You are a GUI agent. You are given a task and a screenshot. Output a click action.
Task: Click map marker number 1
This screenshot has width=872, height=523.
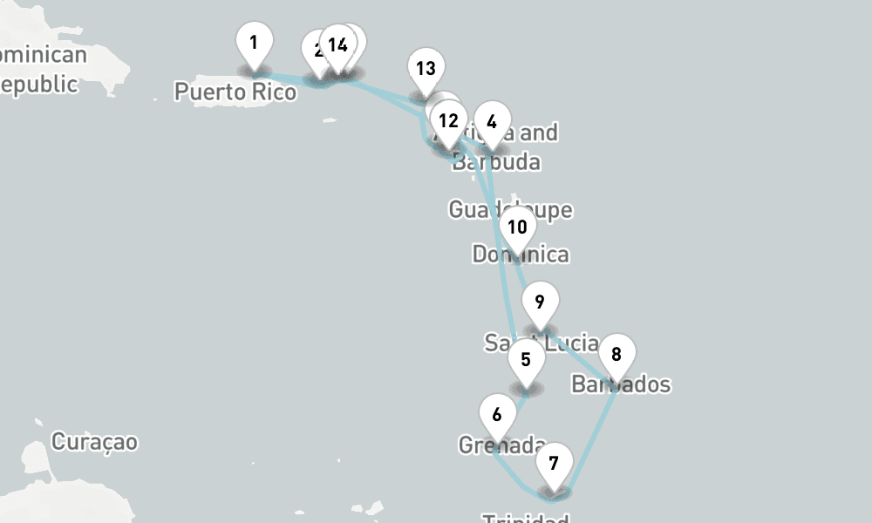254,43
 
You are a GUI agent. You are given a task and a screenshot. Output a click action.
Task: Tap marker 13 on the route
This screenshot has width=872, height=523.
426,69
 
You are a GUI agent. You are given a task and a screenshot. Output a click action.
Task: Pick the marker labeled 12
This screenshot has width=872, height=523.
448,121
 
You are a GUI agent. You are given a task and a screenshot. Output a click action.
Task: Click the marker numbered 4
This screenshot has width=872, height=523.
492,122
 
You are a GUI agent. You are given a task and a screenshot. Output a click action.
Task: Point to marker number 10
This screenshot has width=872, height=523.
517,228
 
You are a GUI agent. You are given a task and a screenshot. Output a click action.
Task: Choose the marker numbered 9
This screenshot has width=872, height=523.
540,303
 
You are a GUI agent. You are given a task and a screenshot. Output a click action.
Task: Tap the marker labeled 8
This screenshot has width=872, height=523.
617,355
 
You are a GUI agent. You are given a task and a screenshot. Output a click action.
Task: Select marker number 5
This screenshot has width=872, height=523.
525,359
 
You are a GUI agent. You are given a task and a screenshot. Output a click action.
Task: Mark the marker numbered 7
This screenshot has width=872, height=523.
554,463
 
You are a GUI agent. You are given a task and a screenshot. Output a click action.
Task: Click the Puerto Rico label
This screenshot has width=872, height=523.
235,92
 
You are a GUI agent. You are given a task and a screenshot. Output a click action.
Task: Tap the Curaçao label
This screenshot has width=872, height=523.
94,442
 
